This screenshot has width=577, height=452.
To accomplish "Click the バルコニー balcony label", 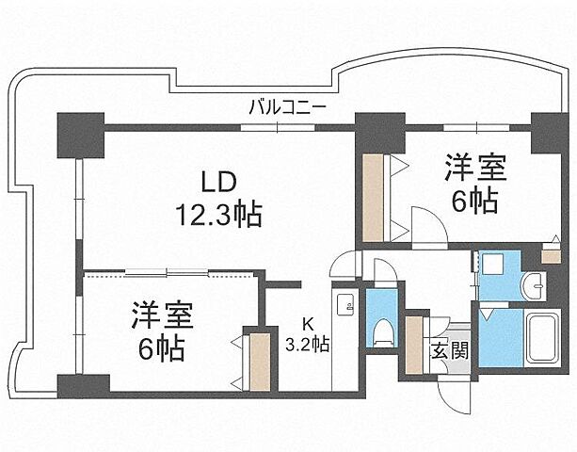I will point(287,107).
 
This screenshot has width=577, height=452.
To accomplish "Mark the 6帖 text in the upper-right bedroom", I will point(475,201).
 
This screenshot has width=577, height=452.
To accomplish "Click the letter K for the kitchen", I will point(308,322).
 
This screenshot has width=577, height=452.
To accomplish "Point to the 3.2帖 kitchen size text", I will point(308,344).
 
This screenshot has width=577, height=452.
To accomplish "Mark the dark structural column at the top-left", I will point(79,135).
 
